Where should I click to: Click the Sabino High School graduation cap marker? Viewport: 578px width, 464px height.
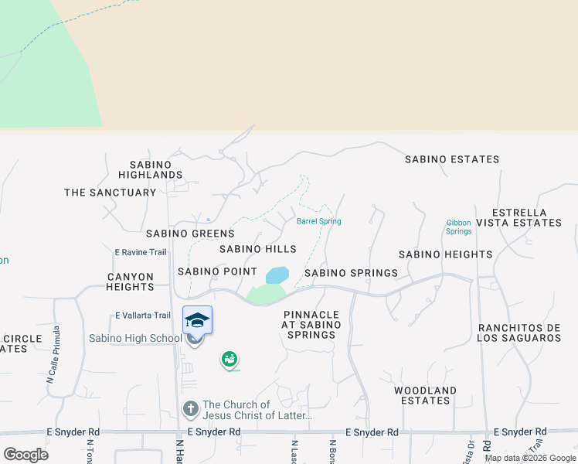click(197, 320)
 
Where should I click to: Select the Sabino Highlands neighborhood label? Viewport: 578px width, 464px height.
click(156, 169)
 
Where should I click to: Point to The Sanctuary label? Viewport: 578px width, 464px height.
click(110, 193)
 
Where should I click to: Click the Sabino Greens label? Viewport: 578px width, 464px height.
click(190, 234)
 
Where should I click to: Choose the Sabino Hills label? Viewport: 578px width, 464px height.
click(257, 249)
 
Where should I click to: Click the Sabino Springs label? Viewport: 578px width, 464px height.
click(351, 273)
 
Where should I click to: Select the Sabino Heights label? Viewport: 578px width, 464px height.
click(445, 254)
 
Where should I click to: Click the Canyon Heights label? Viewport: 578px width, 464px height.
click(131, 281)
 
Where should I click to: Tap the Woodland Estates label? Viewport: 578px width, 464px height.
click(425, 395)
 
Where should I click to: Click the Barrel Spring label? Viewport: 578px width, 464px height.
click(318, 221)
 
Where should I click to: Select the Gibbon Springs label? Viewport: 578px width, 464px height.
click(458, 227)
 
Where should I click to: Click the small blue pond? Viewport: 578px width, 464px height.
click(277, 275)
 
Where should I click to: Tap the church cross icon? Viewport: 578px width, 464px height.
click(191, 408)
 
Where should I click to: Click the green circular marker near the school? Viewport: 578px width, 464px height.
click(229, 359)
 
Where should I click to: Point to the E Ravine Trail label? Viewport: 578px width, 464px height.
click(141, 252)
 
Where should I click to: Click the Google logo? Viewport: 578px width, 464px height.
click(25, 454)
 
